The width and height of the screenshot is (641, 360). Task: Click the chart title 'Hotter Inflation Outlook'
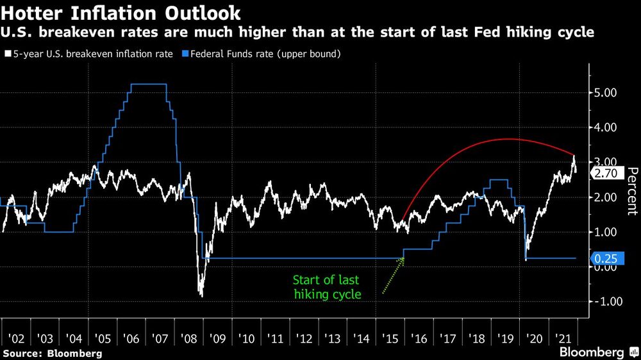click(121, 12)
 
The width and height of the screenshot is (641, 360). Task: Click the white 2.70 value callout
click(606, 173)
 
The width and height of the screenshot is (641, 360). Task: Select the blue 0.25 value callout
click(606, 258)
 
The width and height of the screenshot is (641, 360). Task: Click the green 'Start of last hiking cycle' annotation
click(326, 287)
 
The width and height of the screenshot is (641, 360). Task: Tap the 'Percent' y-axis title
click(632, 190)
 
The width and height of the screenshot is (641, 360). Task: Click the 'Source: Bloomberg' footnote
click(52, 353)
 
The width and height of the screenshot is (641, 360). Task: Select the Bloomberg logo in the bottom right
click(593, 352)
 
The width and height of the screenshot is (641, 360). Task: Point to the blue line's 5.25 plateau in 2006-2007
click(148, 84)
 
